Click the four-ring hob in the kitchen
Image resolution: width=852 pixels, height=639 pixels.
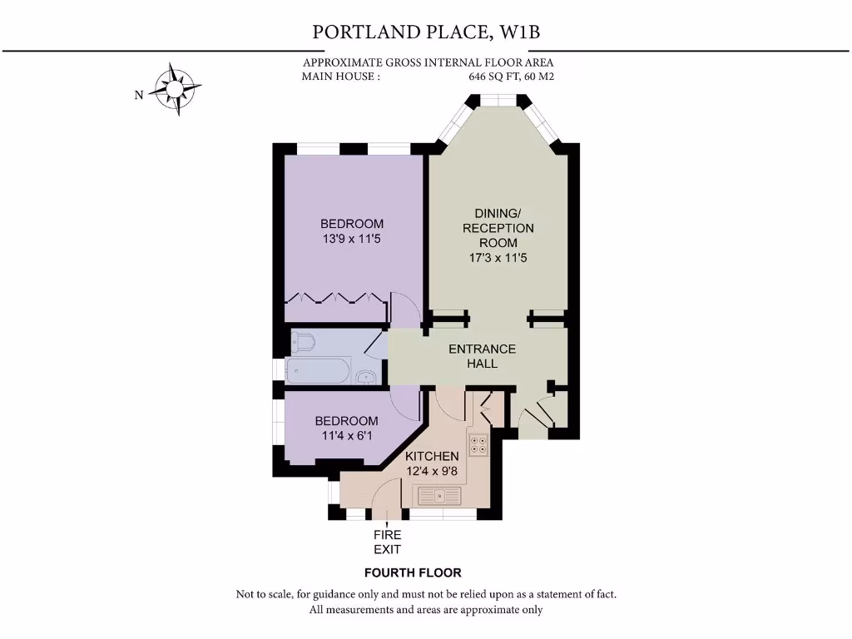[478, 444]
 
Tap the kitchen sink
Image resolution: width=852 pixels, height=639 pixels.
[438, 497]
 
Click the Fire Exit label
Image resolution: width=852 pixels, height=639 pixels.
[387, 542]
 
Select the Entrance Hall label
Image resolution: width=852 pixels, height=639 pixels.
[483, 356]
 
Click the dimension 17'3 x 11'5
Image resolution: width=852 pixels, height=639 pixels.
[498, 258]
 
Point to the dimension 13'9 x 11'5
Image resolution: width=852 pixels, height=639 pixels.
[352, 239]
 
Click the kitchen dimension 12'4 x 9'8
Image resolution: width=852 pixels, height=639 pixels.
[432, 472]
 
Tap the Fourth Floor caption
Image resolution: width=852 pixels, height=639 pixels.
[413, 572]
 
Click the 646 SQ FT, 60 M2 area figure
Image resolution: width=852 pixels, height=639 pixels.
[511, 77]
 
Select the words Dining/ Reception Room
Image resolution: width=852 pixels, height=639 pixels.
[498, 228]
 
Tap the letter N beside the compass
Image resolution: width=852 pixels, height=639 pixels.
[139, 95]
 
